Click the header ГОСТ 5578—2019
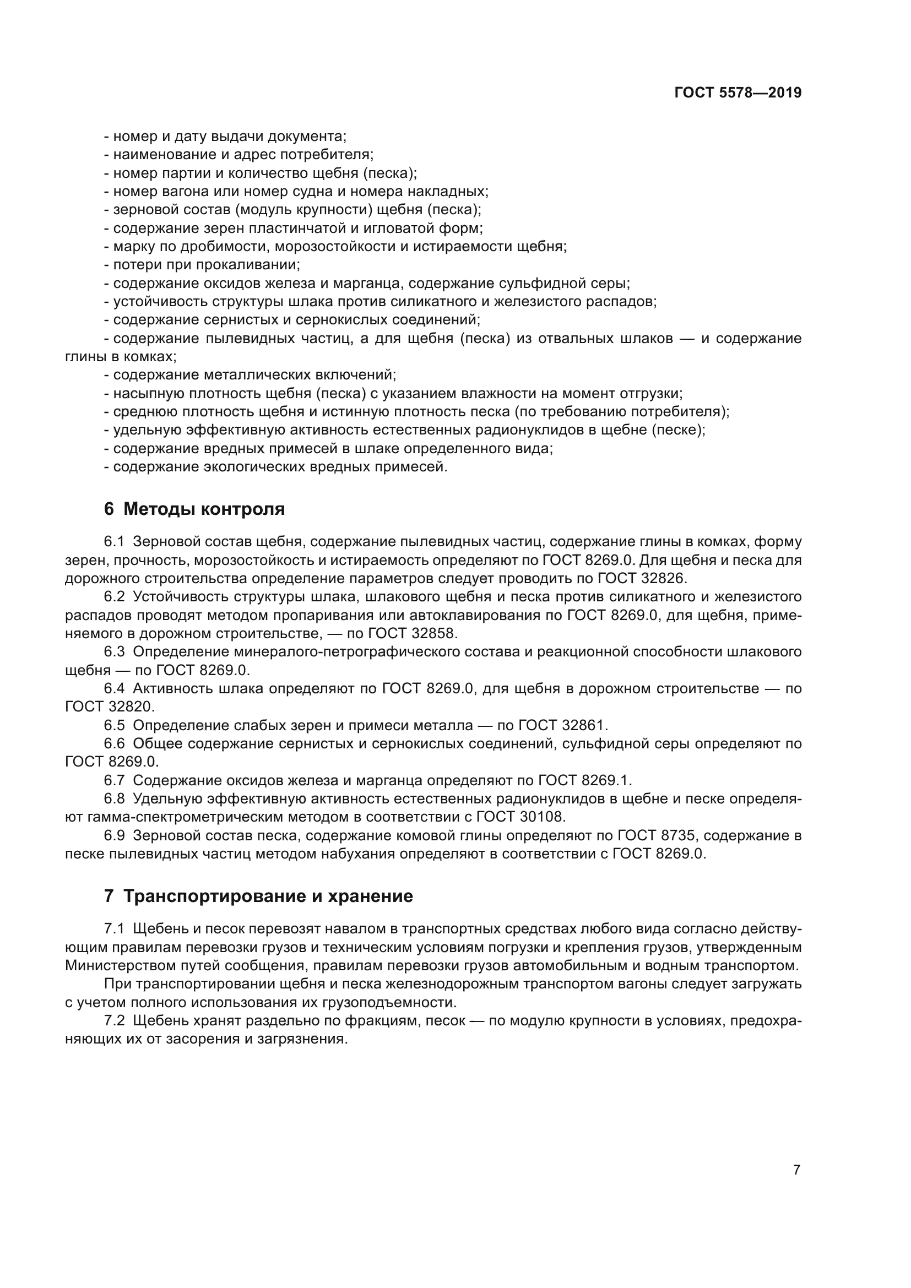pos(738,93)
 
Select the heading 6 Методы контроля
pos(194,509)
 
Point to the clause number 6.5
pos(115,725)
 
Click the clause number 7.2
pos(115,1020)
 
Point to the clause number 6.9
pos(115,835)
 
